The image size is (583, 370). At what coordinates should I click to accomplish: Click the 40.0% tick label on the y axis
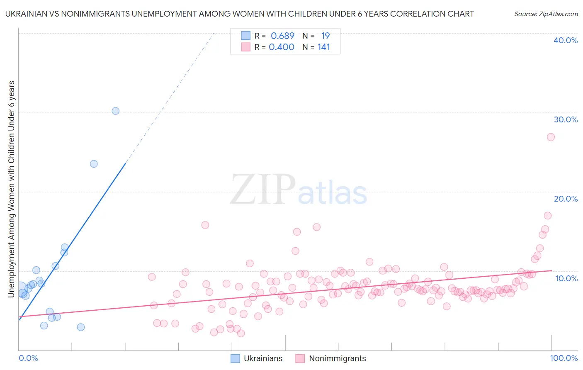(x=565, y=40)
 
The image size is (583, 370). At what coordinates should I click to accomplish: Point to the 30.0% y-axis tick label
(x=565, y=119)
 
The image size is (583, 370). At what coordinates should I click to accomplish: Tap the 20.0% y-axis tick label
(x=565, y=199)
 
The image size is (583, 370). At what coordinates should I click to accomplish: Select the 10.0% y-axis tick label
(x=566, y=278)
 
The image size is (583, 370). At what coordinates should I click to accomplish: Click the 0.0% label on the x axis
(x=28, y=358)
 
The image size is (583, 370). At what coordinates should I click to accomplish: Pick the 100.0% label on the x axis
(x=564, y=358)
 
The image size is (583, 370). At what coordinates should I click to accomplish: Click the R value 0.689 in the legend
(x=282, y=36)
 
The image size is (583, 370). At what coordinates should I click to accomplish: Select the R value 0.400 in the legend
(x=282, y=47)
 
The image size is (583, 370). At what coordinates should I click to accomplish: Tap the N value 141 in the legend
(x=324, y=47)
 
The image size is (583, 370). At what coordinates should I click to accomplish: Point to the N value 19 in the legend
(x=326, y=36)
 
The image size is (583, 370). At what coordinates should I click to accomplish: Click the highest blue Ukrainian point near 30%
(x=116, y=111)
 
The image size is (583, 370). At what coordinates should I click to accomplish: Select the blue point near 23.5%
(x=94, y=164)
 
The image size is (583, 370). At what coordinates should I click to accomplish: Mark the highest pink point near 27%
(x=551, y=137)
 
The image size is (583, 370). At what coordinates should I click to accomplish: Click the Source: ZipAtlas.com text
(x=546, y=14)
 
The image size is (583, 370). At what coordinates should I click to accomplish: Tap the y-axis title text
(x=11, y=189)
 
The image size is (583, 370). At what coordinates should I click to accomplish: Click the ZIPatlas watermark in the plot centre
(x=299, y=190)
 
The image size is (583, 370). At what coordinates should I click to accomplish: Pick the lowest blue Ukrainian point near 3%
(x=81, y=327)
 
